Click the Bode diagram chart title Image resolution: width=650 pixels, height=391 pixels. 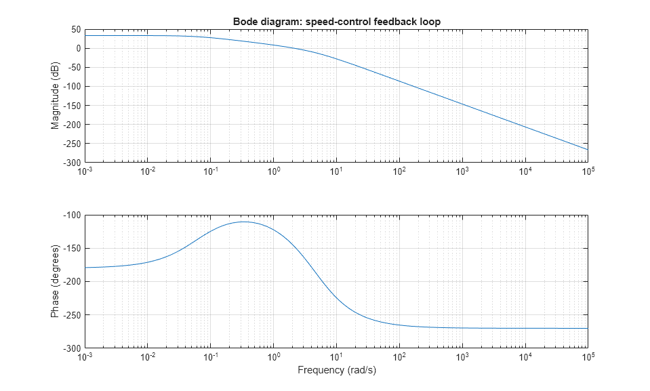coord(337,22)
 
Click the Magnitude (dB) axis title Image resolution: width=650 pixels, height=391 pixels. coord(55,96)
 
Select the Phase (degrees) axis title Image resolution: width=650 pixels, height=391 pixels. coord(55,282)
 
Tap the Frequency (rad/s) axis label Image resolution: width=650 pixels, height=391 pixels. coord(337,370)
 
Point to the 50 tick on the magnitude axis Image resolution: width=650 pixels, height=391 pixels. coord(76,30)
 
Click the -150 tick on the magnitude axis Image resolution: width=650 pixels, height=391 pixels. coord(72,106)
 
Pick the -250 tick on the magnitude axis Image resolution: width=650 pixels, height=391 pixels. coord(72,144)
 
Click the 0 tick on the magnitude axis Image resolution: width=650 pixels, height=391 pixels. coord(79,49)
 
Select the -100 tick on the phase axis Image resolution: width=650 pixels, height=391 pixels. coord(72,215)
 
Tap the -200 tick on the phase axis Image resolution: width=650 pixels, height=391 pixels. coord(72,282)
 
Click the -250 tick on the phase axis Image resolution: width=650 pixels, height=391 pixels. coord(72,315)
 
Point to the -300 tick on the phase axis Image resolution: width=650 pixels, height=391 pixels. coord(72,348)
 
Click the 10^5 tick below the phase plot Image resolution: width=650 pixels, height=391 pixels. coord(588,356)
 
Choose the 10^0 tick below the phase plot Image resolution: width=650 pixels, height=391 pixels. coord(274,356)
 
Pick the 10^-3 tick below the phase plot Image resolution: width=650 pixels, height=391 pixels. coord(85,356)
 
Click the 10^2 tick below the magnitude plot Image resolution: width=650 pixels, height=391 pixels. coord(399,171)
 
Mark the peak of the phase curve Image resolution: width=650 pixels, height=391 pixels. coord(243,222)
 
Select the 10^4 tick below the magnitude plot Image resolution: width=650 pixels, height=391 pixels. coord(525,171)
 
